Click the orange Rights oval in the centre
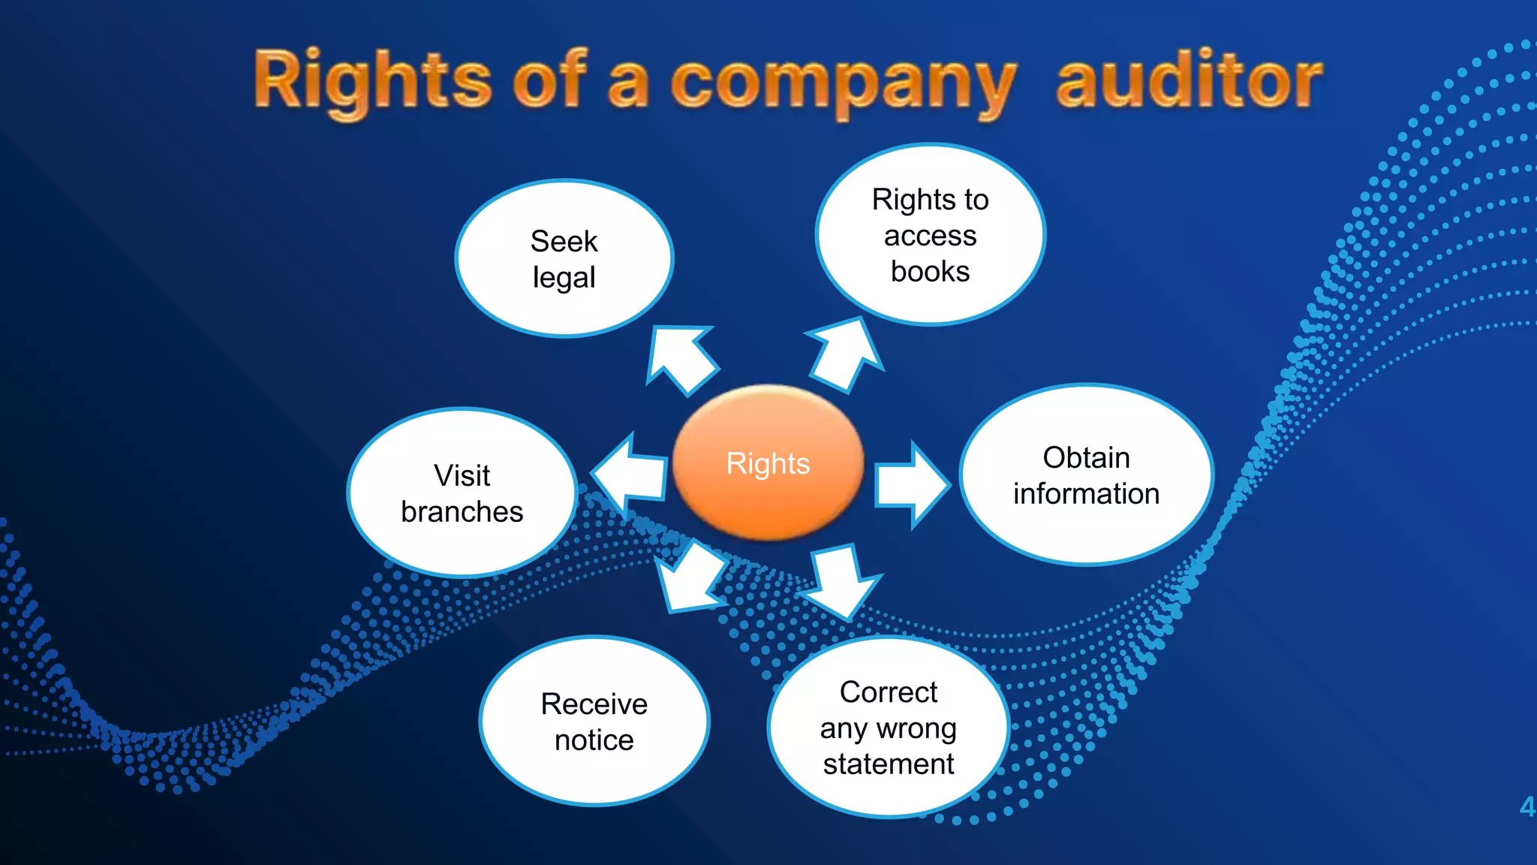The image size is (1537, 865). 768,463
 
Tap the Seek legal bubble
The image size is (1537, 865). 564,259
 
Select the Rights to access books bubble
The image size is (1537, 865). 930,234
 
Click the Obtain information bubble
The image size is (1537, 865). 1086,475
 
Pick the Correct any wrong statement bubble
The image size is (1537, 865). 888,727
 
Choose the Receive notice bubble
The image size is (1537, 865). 594,722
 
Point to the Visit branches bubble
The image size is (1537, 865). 462,493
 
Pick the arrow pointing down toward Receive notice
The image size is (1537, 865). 689,577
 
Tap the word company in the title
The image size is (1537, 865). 842,83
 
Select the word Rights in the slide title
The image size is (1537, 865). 372,81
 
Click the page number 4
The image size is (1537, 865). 1526,807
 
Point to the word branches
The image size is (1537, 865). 462,512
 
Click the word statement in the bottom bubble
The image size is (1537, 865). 888,764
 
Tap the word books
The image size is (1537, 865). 930,271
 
